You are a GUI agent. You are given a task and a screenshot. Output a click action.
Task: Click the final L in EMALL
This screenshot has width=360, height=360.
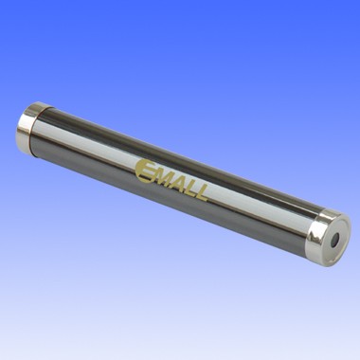(x=201, y=193)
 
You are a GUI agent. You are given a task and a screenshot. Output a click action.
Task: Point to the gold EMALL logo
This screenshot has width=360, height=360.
(x=171, y=180)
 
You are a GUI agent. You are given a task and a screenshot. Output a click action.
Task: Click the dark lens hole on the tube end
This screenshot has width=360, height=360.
(x=334, y=239)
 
